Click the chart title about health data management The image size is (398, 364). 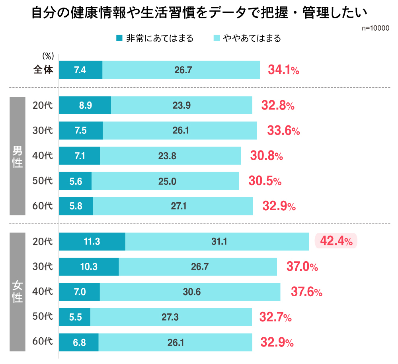point(199,13)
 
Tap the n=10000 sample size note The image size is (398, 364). point(376,29)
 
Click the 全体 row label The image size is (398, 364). point(43,70)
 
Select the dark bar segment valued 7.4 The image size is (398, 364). point(81,70)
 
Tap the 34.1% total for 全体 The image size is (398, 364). point(283,70)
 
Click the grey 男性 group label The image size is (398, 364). point(18,156)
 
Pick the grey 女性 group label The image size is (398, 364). point(18,292)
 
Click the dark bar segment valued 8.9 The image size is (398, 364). point(85,106)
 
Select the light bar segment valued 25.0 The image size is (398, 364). point(165,181)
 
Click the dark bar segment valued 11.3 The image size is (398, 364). point(92,241)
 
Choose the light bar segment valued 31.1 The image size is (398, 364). point(217,241)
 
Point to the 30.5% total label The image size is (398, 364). point(265,181)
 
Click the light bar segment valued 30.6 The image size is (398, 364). point(190,292)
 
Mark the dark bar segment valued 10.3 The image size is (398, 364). point(89,267)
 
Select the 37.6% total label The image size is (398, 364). point(306,292)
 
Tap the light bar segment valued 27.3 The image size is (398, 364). point(171,317)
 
